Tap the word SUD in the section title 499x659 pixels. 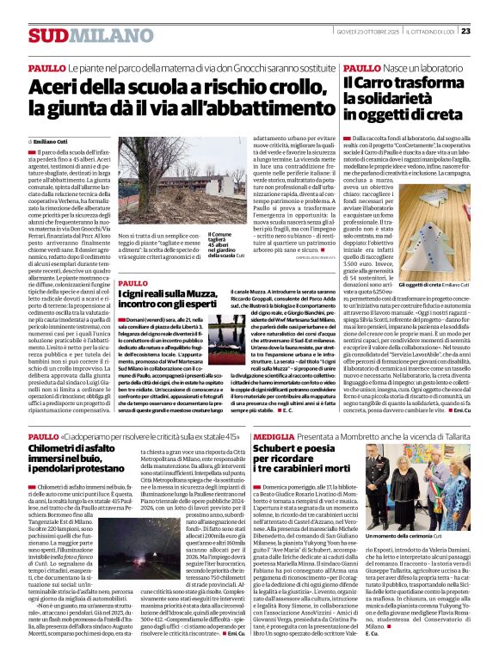click(x=46, y=35)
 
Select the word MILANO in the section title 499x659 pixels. click(x=94, y=35)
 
